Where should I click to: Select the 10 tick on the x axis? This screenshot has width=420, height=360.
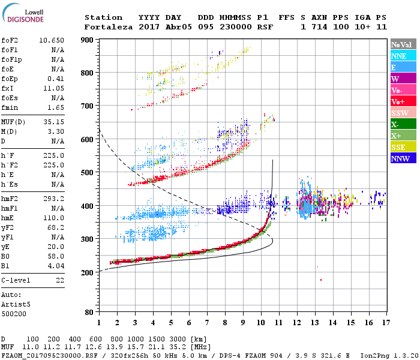(x=260, y=323)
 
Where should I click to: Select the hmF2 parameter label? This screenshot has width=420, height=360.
(x=8, y=198)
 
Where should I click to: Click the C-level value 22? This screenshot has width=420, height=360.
(x=60, y=280)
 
